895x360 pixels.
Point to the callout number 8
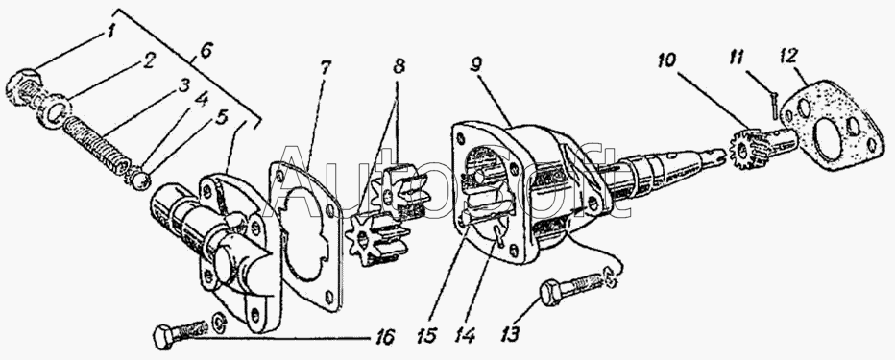[x=399, y=65]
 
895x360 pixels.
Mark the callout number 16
[x=385, y=337]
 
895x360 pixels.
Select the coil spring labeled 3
[x=94, y=140]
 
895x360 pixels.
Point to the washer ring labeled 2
[x=57, y=108]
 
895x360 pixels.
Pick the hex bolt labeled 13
[x=572, y=289]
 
